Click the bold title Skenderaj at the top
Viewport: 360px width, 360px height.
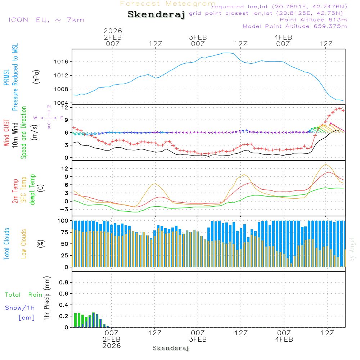156,14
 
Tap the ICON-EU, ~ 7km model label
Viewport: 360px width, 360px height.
46,19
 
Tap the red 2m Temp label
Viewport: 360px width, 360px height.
15,190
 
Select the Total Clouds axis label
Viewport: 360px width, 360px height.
6,244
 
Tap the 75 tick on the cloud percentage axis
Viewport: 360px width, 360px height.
63,232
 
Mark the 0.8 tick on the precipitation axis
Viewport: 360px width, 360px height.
63,282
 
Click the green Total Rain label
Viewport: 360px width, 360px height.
23,294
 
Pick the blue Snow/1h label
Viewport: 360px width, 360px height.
20,307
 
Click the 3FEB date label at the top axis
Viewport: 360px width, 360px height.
198,37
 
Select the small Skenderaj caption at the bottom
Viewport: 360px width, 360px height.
171,348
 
